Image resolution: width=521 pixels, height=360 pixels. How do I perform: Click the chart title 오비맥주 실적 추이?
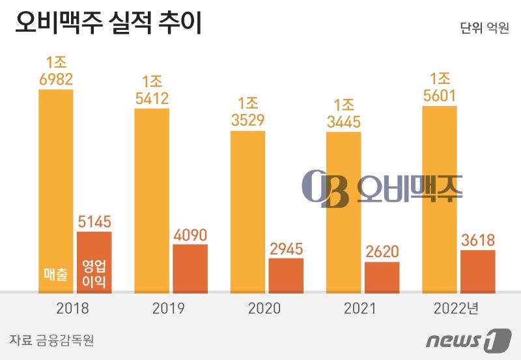coord(108,23)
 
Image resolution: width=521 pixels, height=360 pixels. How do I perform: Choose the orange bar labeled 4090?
coord(190,268)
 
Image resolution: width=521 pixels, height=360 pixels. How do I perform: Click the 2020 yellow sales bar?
coord(248,212)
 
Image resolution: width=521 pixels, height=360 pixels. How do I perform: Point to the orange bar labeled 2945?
coord(286,275)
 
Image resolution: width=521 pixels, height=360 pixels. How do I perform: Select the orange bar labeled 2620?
coord(382,277)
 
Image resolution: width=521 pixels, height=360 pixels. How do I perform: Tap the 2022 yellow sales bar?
coord(440,199)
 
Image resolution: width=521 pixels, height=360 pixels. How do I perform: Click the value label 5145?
coord(94,221)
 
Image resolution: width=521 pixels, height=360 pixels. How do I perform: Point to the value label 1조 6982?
coord(55,72)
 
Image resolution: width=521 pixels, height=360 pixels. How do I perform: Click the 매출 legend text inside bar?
coord(55,275)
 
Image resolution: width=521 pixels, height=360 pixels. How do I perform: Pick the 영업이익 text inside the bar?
coord(94,275)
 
